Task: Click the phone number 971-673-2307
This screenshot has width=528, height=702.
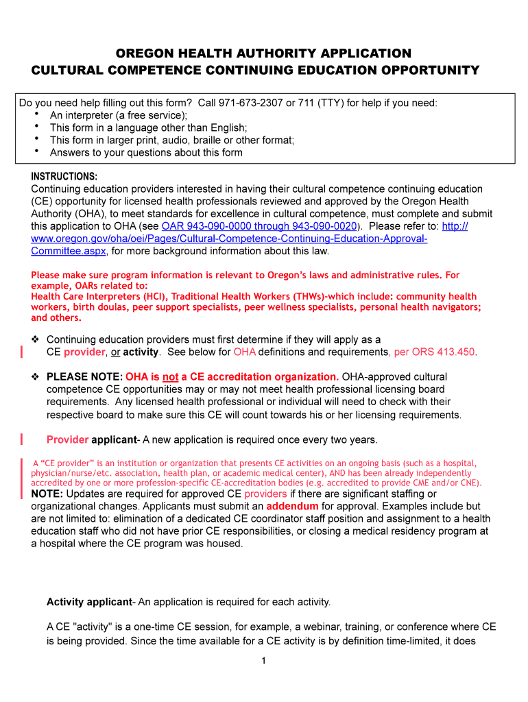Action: [x=250, y=104]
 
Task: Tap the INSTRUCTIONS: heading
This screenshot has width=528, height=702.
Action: [x=64, y=176]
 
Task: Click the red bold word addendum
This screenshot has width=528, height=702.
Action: [x=292, y=507]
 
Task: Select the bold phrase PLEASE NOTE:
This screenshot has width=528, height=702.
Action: [x=84, y=377]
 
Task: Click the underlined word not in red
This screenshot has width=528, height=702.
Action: [x=170, y=377]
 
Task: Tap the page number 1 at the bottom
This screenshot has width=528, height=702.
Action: [x=263, y=661]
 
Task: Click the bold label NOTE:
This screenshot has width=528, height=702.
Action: [x=47, y=494]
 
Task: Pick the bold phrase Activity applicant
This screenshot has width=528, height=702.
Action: [x=89, y=602]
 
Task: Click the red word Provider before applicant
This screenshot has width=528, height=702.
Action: [x=67, y=439]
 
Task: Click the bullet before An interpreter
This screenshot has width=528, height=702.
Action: [x=36, y=115]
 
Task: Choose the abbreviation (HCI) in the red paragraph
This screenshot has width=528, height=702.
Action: [x=154, y=296]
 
